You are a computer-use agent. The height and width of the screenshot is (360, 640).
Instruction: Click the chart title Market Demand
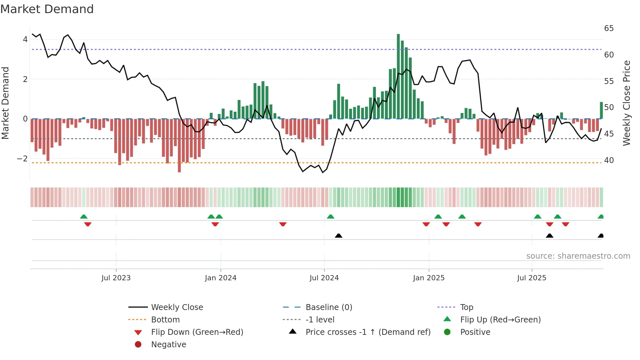click(47, 9)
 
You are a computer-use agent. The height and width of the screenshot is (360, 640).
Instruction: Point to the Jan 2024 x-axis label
click(220, 278)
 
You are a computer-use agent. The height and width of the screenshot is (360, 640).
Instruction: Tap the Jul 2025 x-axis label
click(532, 278)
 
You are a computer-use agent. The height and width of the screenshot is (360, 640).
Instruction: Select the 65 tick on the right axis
click(609, 28)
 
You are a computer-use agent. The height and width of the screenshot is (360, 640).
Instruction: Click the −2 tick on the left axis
click(23, 159)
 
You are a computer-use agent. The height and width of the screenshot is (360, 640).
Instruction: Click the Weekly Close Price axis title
click(626, 103)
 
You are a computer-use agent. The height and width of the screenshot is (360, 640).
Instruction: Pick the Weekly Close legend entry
click(177, 307)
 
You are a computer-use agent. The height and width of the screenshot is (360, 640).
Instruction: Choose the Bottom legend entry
click(165, 320)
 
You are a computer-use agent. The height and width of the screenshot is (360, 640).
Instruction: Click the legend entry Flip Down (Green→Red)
click(197, 332)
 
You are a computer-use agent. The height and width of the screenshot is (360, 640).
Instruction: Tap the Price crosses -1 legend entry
click(368, 332)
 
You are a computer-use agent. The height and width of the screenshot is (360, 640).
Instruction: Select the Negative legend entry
click(168, 345)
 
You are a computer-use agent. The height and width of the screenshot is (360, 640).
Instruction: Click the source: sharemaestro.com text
click(578, 256)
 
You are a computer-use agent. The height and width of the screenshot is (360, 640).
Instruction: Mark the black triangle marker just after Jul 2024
click(339, 236)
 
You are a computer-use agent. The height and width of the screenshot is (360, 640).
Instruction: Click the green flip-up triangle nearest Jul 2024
click(330, 217)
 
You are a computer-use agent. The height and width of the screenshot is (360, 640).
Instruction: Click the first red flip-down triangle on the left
click(88, 224)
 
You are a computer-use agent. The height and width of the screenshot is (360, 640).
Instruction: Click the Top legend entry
click(467, 307)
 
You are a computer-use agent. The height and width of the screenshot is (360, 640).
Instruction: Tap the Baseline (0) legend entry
click(328, 307)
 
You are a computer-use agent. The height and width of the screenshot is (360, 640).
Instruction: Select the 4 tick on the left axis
click(25, 40)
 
